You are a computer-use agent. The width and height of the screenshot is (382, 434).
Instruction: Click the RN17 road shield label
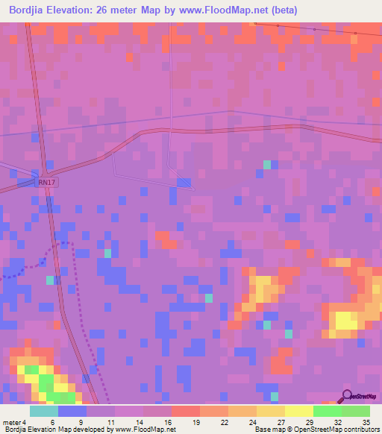tap(47, 181)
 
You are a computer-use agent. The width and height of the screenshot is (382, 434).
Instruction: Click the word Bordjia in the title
tap(30, 10)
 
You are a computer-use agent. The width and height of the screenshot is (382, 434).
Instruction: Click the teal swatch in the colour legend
tap(44, 411)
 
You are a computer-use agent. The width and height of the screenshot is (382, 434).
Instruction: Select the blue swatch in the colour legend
tap(72, 411)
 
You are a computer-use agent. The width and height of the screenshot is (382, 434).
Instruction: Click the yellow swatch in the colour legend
tap(299, 411)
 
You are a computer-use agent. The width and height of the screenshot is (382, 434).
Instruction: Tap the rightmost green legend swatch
tap(356, 411)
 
